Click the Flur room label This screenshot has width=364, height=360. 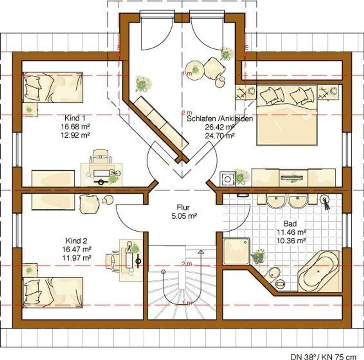[x=183, y=207]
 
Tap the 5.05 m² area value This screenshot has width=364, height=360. [x=184, y=216]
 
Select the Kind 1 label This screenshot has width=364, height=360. [x=75, y=118]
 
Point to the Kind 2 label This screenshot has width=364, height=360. [x=76, y=241]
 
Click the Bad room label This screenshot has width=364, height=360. [x=290, y=224]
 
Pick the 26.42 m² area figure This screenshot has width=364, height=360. [x=220, y=127]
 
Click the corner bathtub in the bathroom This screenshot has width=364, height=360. [x=318, y=271]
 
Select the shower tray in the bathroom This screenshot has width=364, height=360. [x=236, y=251]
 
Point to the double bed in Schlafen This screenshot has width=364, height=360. [x=287, y=115]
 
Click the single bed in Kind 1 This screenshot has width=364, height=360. [x=53, y=87]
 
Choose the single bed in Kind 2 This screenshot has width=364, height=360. [x=53, y=292]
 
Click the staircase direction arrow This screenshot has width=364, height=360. [x=201, y=258]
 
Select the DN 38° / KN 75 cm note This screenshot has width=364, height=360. [x=323, y=356]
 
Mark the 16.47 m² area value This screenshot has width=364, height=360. [x=77, y=249]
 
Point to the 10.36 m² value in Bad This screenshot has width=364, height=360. [x=291, y=241]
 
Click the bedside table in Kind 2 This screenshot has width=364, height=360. [x=30, y=270]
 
